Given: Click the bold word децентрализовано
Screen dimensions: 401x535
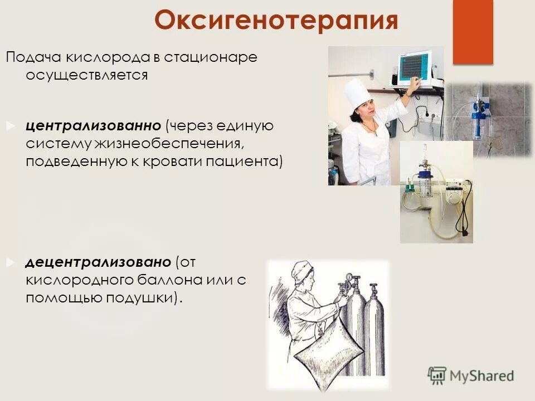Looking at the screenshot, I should [x=98, y=262].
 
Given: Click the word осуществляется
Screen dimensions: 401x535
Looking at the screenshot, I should [x=86, y=75].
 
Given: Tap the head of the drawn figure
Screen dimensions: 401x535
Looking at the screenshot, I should [x=303, y=276].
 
